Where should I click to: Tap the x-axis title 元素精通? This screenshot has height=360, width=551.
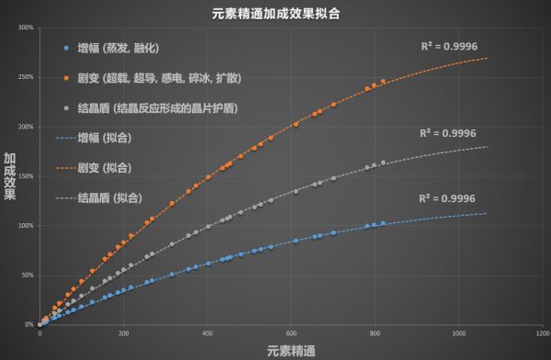click(x=292, y=349)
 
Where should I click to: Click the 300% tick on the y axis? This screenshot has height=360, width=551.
click(x=27, y=28)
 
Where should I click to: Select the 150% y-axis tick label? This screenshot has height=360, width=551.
click(x=27, y=175)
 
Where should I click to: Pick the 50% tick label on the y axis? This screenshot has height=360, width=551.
click(x=28, y=275)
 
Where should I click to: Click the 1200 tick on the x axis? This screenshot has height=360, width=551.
click(x=544, y=332)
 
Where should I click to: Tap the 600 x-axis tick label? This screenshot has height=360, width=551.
click(x=292, y=332)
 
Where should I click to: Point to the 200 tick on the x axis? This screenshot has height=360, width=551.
click(x=124, y=332)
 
